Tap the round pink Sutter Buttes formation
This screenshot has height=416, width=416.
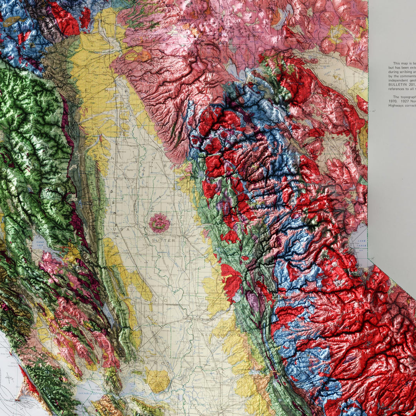(159, 223)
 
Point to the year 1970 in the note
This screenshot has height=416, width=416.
(393, 101)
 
